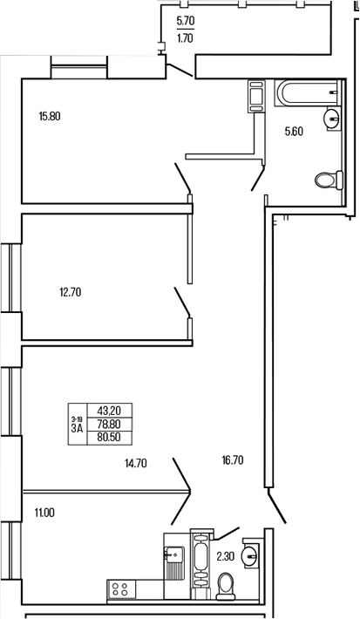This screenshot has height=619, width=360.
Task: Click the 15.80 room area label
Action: click(50, 114)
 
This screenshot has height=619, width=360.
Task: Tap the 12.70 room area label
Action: click(70, 292)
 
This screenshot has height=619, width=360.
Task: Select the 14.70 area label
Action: click(135, 464)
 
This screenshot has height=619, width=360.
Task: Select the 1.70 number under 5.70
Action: click(186, 38)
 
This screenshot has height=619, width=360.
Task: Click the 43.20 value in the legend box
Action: click(109, 411)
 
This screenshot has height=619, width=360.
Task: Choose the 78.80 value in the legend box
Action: click(109, 425)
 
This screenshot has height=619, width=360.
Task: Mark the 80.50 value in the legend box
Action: click(109, 439)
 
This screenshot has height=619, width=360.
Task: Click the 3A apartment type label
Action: click(77, 428)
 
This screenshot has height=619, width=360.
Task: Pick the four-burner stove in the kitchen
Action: click(121, 589)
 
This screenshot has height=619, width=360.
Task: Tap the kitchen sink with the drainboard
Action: click(172, 559)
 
